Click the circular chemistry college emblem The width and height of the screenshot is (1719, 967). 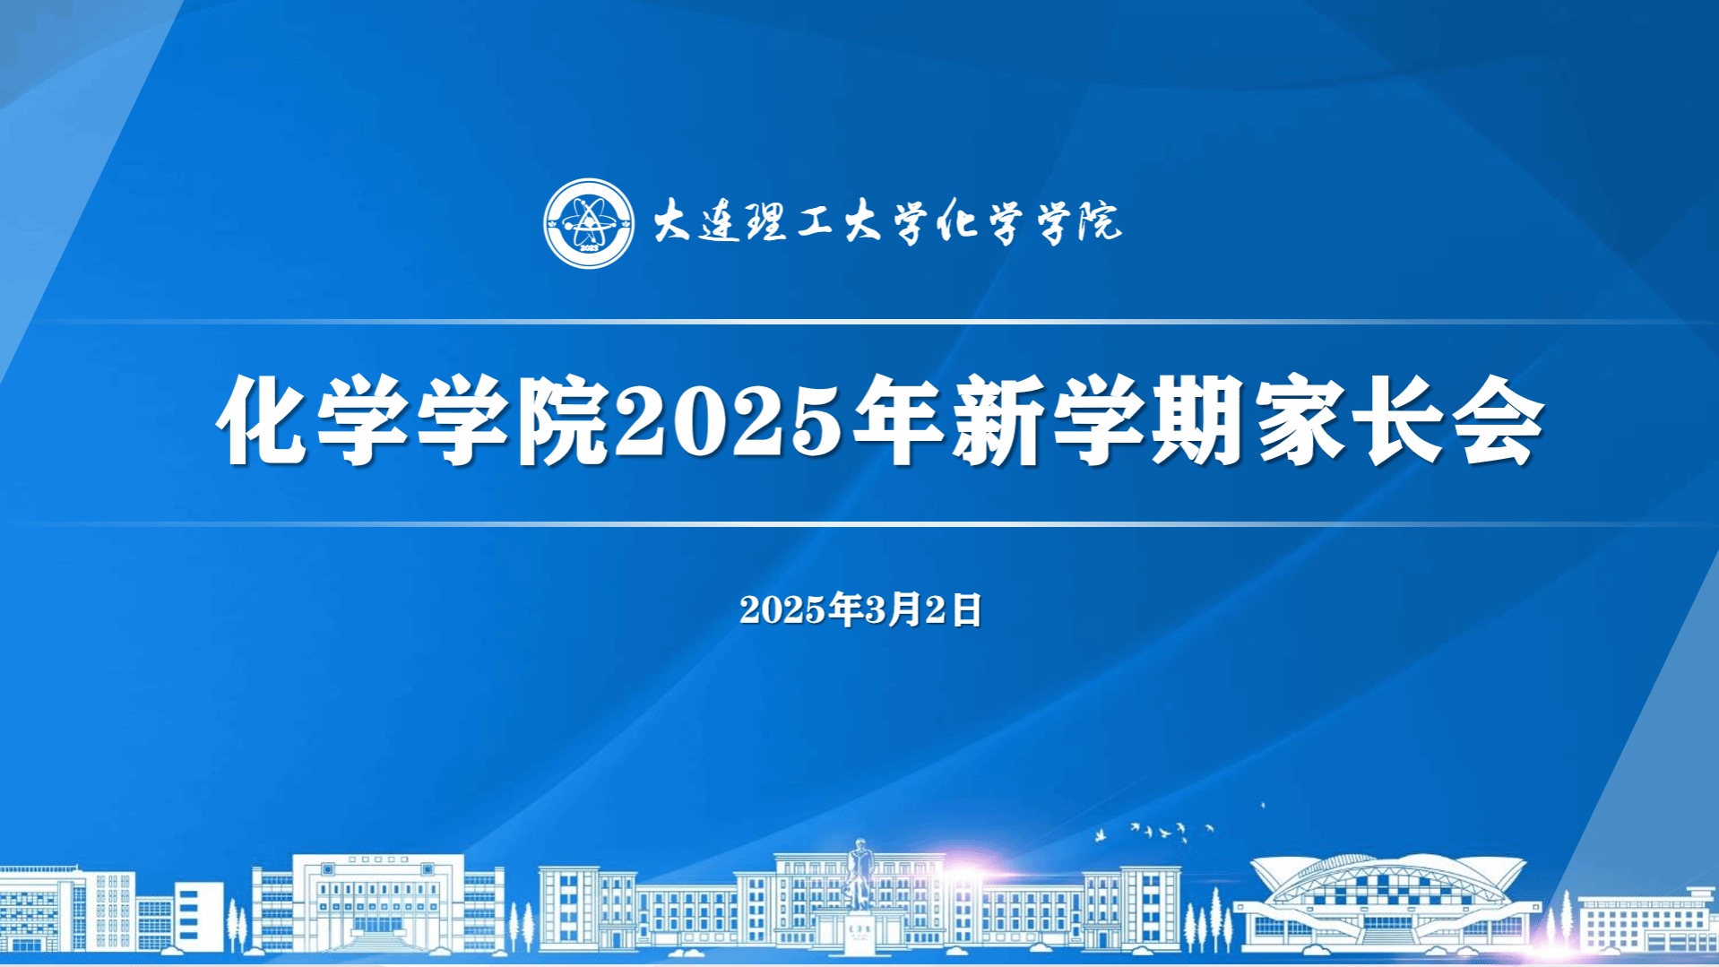[589, 223]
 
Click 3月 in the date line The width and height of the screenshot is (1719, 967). [893, 609]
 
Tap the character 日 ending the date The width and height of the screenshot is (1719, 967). [966, 609]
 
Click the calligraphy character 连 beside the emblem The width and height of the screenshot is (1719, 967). [721, 222]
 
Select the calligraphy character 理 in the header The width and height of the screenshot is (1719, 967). [767, 221]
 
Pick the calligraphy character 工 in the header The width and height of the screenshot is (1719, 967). [816, 221]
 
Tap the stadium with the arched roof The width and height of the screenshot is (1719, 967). [1386, 901]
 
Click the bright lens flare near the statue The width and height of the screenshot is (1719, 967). [963, 875]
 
